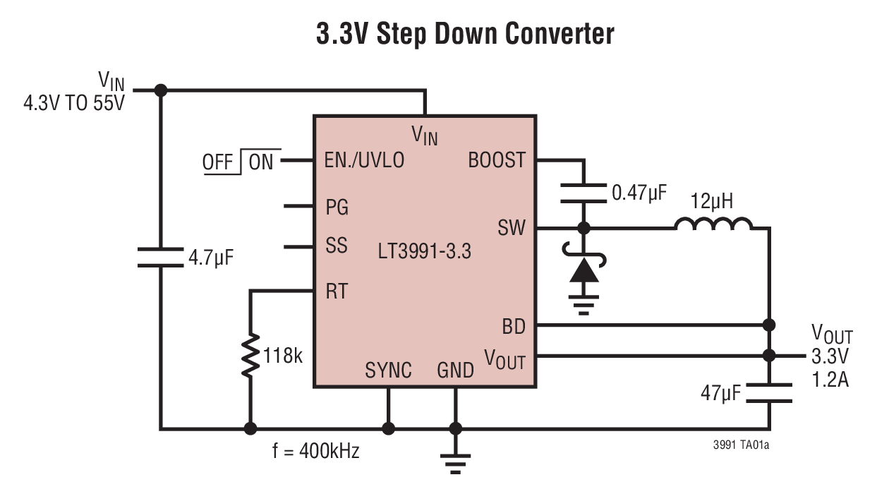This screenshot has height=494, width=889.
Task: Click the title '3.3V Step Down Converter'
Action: click(x=465, y=33)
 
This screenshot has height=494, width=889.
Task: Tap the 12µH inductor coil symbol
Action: click(x=713, y=224)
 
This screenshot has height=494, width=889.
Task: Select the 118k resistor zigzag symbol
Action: click(x=250, y=356)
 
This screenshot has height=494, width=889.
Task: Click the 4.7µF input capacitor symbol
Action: click(x=161, y=257)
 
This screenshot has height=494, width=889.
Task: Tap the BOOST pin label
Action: click(x=497, y=160)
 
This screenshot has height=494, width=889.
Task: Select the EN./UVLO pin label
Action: click(x=364, y=161)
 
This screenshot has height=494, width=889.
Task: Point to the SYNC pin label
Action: click(x=388, y=370)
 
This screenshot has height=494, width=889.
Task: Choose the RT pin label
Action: click(x=336, y=291)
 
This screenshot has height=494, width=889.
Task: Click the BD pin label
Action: click(x=514, y=326)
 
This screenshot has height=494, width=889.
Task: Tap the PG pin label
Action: click(x=337, y=207)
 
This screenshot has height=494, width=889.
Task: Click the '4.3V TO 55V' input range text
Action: click(x=73, y=104)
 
